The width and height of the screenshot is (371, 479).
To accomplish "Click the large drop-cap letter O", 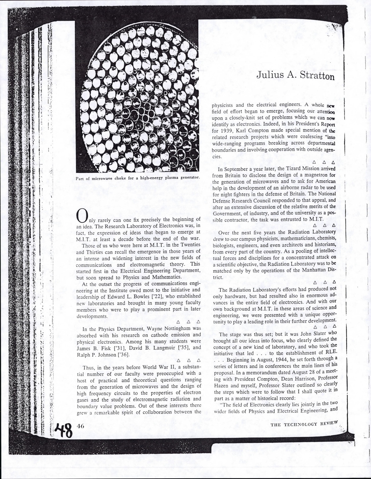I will pyautogui.click(x=83, y=216).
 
